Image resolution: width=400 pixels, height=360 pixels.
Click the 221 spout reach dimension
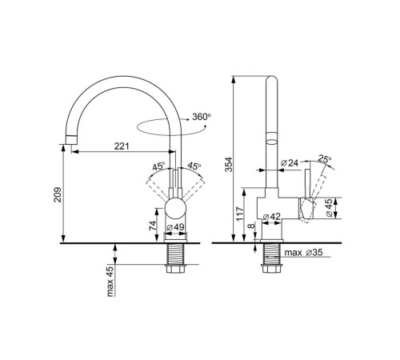[x=122, y=146]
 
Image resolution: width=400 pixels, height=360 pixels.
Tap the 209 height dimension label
[x=58, y=194]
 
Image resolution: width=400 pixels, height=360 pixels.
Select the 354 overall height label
[x=229, y=165]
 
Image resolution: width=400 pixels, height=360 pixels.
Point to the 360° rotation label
[x=202, y=117]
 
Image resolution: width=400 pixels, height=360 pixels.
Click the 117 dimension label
[x=240, y=214]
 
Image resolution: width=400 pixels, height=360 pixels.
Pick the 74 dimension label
[x=152, y=226]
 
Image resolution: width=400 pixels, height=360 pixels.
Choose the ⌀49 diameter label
[x=175, y=227]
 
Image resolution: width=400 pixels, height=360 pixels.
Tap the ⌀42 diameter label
[x=272, y=217]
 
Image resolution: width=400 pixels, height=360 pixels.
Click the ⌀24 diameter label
[x=290, y=162]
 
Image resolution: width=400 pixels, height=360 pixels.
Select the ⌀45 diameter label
[x=329, y=208]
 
